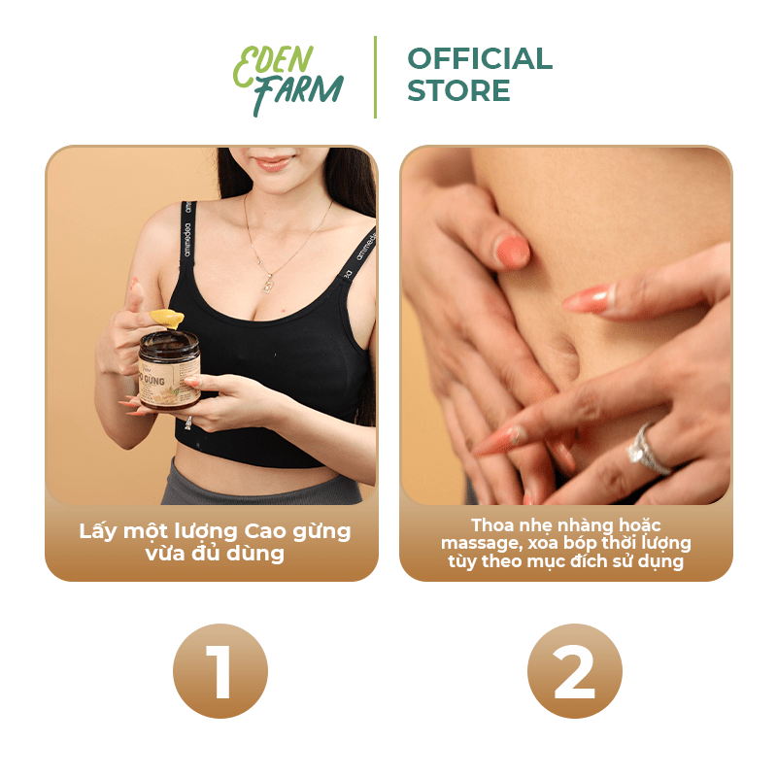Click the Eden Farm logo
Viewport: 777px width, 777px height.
287,81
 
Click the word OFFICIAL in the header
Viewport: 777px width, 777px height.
480,58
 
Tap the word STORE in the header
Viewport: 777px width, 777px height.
458,90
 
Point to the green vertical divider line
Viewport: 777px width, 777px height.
375,77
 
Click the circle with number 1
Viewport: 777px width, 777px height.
220,670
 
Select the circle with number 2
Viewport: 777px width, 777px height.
574,670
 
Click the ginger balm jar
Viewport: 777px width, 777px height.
169,370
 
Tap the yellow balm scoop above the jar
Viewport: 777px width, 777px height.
167,318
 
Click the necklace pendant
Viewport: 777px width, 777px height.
268,284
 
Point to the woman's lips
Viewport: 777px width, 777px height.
273,162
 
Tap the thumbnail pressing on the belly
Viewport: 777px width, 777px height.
512,252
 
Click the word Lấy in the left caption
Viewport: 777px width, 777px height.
97,531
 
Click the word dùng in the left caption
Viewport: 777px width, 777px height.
255,554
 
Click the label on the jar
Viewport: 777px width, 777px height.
169,384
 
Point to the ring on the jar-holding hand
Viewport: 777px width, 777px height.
188,422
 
